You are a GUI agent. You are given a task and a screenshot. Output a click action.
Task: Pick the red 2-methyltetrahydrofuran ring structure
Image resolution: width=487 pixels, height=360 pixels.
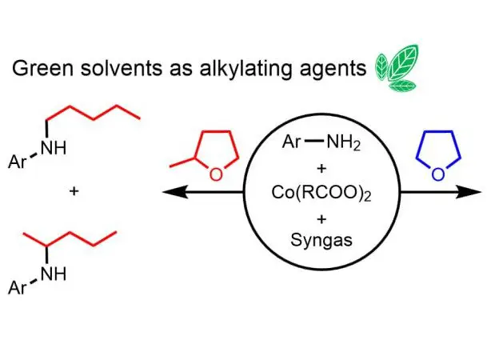[207, 151]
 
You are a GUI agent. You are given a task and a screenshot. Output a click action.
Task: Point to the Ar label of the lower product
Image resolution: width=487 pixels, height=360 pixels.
[21, 290]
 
